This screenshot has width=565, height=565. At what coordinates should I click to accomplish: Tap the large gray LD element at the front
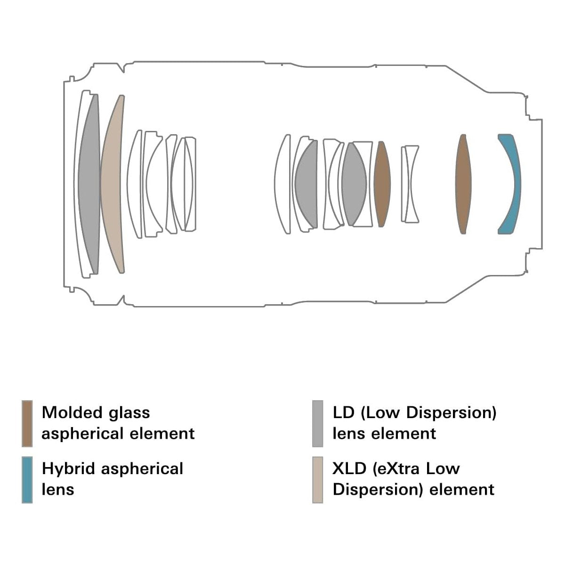coord(89,184)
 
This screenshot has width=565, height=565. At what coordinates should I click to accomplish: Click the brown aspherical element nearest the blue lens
coord(463,184)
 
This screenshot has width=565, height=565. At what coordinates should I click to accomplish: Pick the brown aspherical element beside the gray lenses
coord(382,184)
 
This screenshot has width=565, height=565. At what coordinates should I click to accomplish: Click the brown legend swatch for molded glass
coord(27,424)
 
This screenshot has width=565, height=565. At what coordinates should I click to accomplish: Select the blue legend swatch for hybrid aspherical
coord(27,480)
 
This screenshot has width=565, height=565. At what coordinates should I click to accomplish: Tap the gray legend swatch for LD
coord(317,424)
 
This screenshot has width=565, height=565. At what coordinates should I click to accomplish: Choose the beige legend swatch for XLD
coord(317,480)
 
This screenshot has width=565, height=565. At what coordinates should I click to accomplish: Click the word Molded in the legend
coord(72,412)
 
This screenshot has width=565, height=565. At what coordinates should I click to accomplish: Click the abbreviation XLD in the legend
coord(349,468)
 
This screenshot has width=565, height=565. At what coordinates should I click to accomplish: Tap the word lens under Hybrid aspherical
coord(58,489)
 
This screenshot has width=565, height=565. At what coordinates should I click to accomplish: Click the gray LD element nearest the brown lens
coord(354,184)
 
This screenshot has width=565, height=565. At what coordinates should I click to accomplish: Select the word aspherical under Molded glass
coord(82,434)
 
